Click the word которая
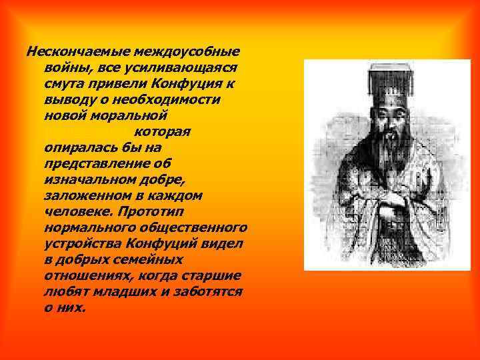pos(163,131)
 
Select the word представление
pos(102,163)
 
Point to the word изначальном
pos(89,179)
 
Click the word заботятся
pos(207,291)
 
